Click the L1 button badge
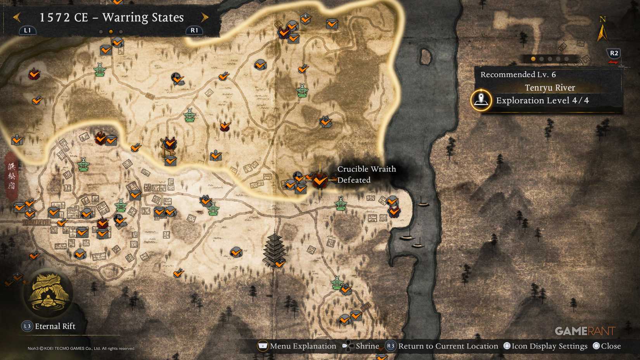[x=27, y=30]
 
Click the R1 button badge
[x=194, y=30]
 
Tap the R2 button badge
[x=614, y=53]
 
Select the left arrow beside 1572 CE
[x=17, y=17]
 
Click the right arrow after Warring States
[x=205, y=17]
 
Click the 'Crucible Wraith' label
[x=366, y=169]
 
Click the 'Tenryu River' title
[x=550, y=88]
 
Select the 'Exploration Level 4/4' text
[x=542, y=100]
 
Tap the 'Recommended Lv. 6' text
[x=518, y=74]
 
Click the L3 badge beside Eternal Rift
[x=27, y=326]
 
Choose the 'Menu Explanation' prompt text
[x=303, y=346]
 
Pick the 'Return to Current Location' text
[x=448, y=346]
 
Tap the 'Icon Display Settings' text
[x=549, y=346]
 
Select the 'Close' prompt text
[x=611, y=346]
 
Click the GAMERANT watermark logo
[x=585, y=331]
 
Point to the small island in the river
[x=426, y=57]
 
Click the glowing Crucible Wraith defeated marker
[x=320, y=180]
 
